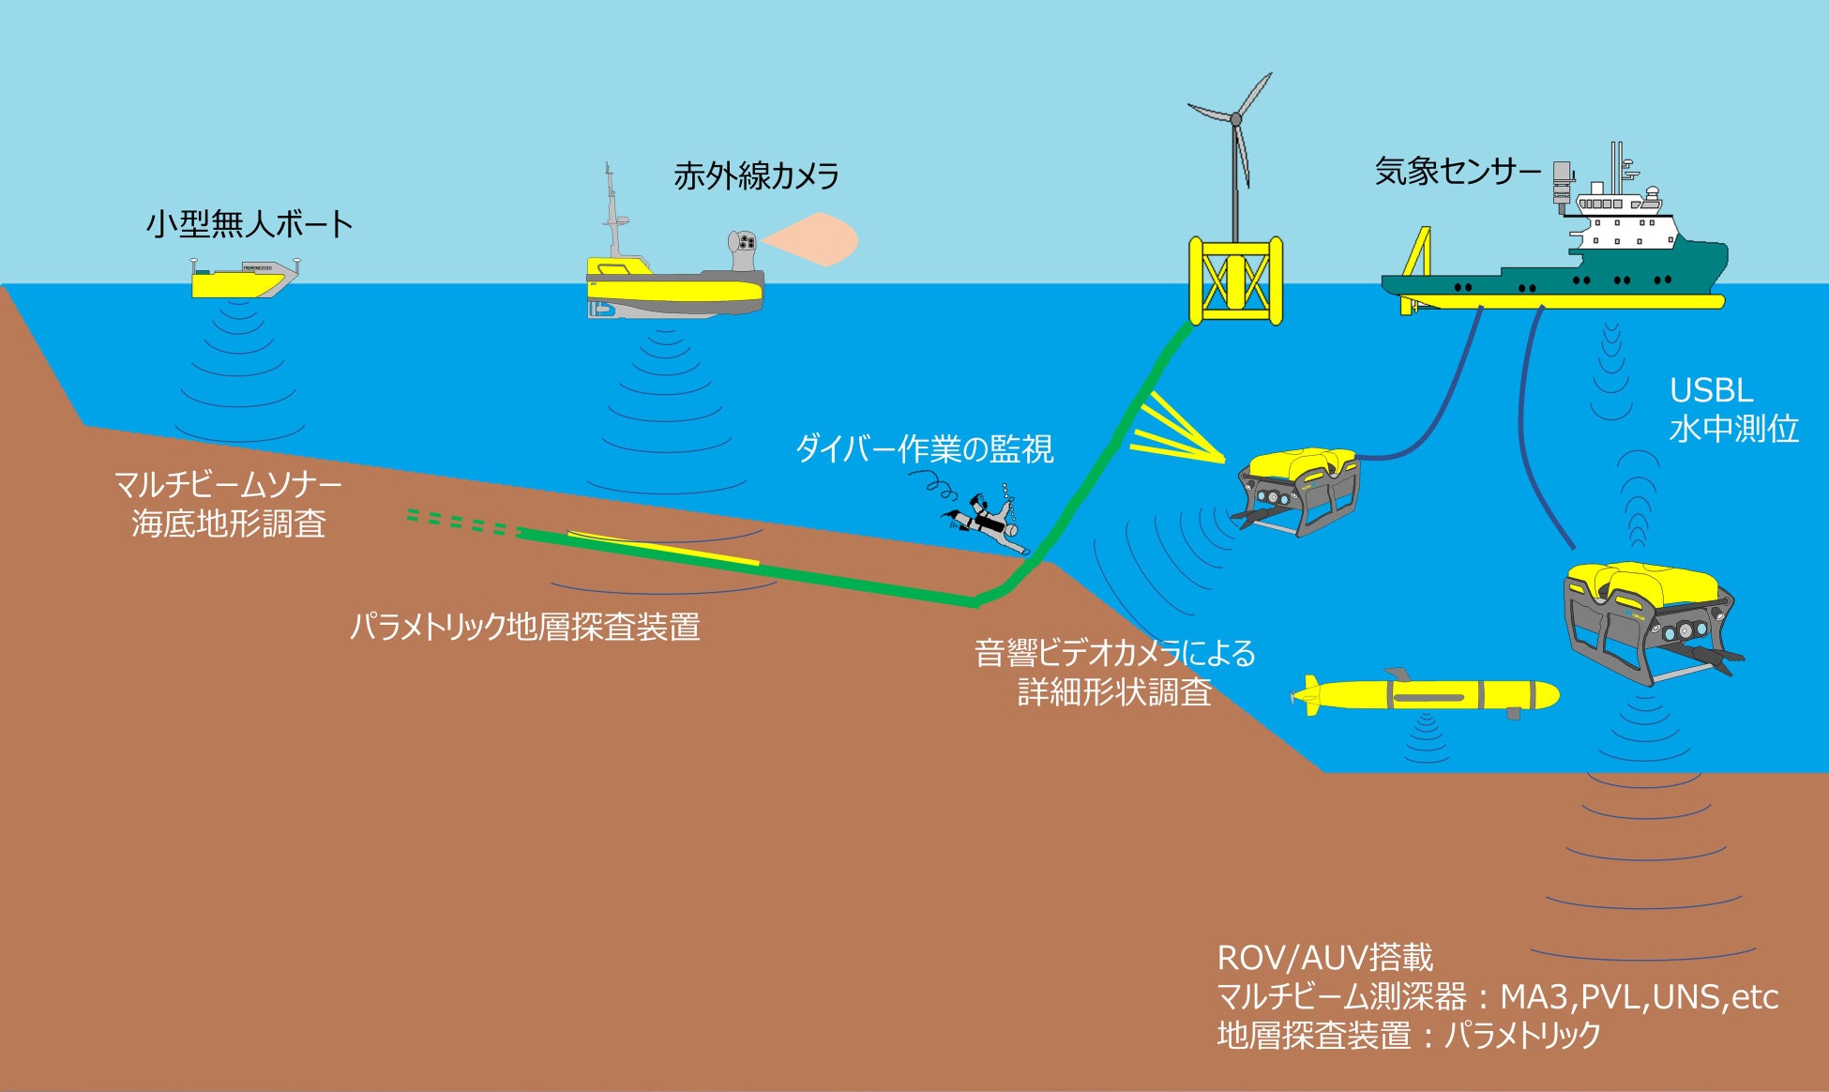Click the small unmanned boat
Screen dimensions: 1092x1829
click(x=242, y=279)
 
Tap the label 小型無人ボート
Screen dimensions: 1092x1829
click(x=249, y=224)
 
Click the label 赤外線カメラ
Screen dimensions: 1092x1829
click(x=756, y=175)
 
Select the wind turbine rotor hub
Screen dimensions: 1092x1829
click(x=1235, y=120)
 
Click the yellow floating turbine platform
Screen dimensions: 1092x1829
click(x=1235, y=280)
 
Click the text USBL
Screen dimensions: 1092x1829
click(x=1711, y=390)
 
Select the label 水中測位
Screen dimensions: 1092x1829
click(x=1733, y=429)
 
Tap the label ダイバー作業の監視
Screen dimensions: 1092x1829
click(x=924, y=448)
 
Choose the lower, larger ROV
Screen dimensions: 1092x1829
click(x=1647, y=619)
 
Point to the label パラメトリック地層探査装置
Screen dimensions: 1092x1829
click(x=524, y=627)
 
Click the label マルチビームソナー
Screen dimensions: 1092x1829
click(x=228, y=484)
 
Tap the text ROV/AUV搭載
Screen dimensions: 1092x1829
click(x=1324, y=958)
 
